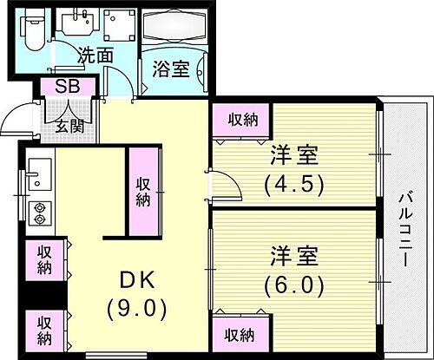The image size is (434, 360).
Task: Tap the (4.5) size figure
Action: click(x=293, y=184)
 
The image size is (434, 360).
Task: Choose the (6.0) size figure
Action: click(x=293, y=284)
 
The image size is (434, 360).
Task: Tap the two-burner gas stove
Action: click(x=39, y=212)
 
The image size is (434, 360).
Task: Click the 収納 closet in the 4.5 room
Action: click(x=241, y=119)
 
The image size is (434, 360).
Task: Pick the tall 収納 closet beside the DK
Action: click(x=145, y=191)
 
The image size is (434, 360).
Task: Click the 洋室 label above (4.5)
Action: click(x=293, y=157)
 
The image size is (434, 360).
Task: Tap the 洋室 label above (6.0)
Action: click(x=293, y=257)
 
